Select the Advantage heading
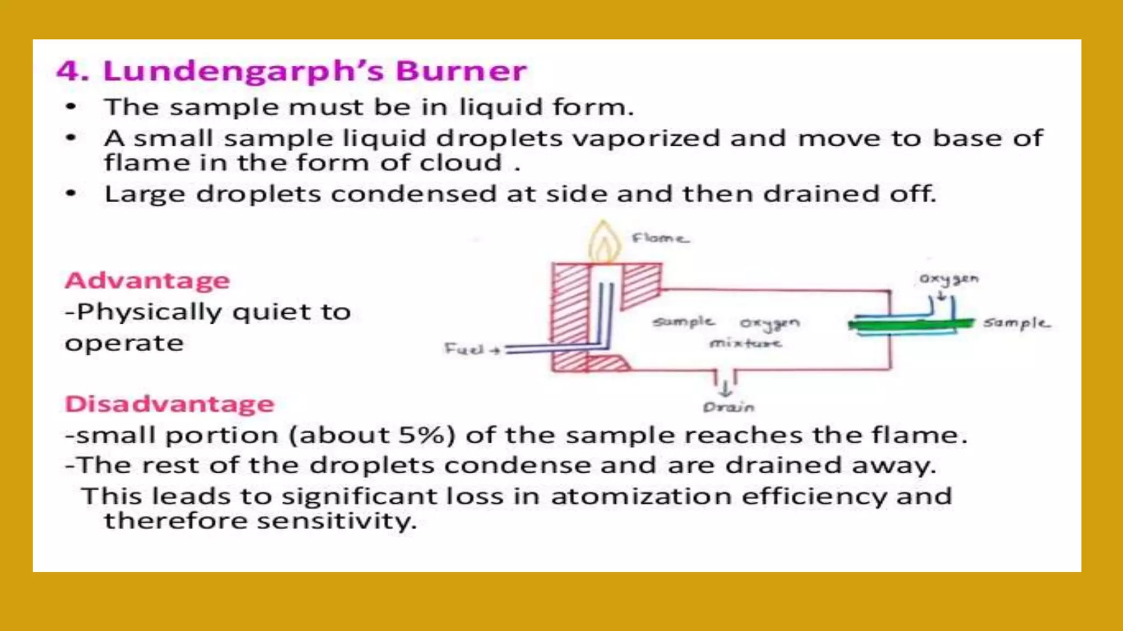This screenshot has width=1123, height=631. [148, 280]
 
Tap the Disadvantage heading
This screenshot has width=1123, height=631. [169, 404]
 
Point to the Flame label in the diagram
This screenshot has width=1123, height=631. [660, 238]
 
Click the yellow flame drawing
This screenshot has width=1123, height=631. [604, 242]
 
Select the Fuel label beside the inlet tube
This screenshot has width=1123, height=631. [464, 349]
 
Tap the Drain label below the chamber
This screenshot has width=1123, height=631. [729, 408]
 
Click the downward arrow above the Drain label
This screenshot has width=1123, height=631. [725, 388]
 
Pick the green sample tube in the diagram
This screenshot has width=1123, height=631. [910, 325]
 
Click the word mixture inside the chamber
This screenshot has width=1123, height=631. [745, 343]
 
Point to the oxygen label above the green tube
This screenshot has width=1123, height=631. [949, 279]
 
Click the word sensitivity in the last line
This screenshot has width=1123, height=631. [337, 521]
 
